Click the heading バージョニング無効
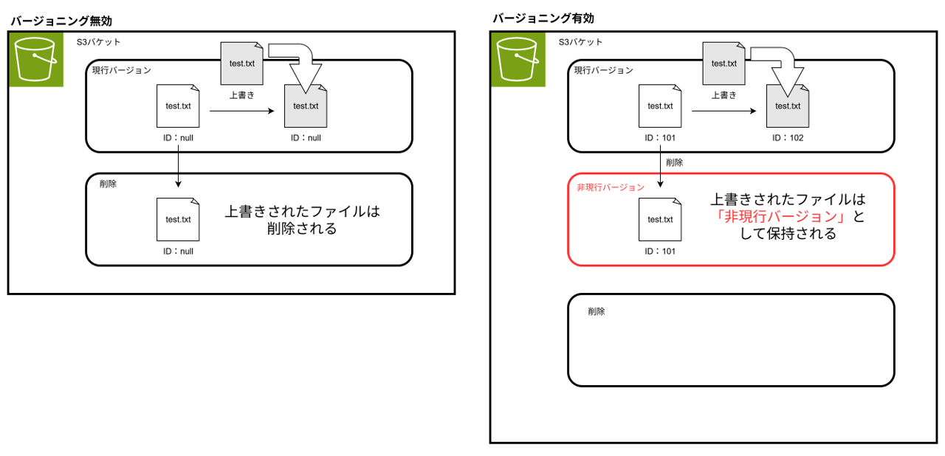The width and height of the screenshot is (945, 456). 66,21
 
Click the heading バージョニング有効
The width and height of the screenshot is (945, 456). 543,18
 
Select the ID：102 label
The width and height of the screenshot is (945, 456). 787,137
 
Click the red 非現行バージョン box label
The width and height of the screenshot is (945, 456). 611,187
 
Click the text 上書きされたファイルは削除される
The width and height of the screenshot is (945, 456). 302,220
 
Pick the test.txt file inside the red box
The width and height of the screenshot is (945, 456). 660,220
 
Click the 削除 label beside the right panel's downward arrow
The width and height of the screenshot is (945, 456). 674,162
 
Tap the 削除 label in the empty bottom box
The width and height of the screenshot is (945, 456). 597,312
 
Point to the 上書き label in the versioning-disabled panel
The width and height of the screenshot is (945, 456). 241,94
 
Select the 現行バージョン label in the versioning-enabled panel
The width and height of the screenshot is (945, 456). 604,71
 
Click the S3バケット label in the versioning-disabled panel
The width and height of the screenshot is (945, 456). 98,42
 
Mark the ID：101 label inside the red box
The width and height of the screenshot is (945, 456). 660,251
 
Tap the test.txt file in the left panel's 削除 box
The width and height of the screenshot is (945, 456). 178,220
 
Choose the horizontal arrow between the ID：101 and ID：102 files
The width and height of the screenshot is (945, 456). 723,111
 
